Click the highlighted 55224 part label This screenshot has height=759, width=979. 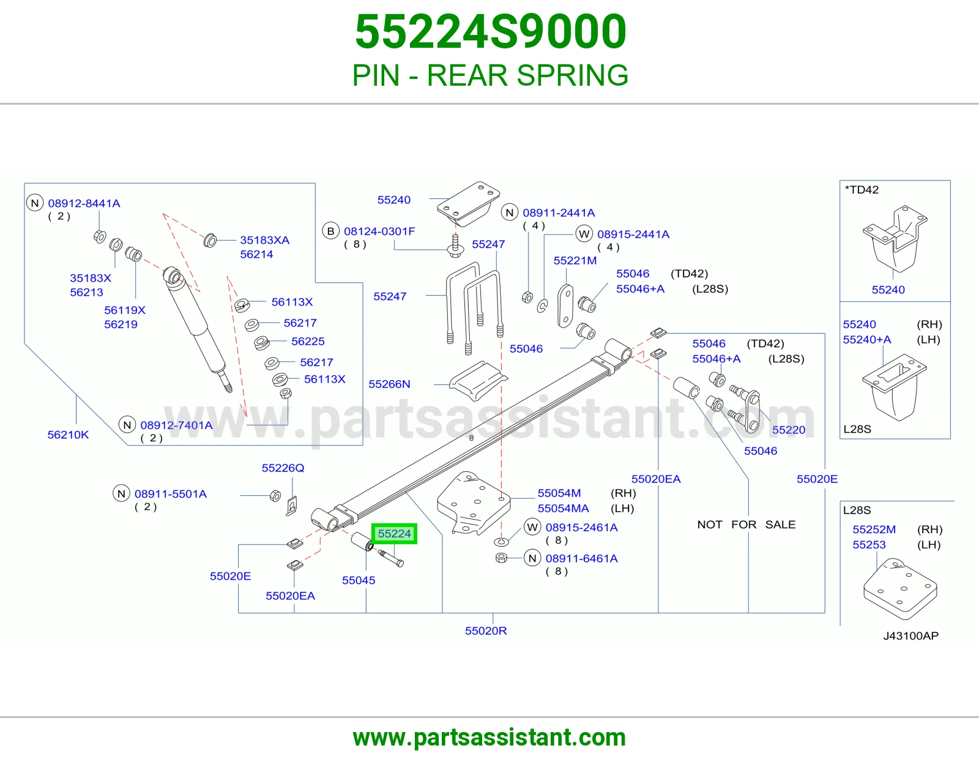pos(394,534)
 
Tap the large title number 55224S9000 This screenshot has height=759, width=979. pos(490,31)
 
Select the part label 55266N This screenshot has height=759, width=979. pos(389,384)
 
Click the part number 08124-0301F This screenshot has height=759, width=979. pos(379,231)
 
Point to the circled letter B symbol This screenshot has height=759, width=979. pos(330,231)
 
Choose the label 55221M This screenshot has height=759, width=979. pos(575,261)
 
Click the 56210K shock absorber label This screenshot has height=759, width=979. pos(68,435)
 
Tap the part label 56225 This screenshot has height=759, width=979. pos(308,341)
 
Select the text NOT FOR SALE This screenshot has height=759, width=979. pos(746,525)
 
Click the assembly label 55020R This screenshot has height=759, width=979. pos(486,630)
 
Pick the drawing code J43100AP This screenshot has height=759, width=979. pos(910,635)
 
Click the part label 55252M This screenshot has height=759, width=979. pos(874,529)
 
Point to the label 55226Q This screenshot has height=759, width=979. pos(283,468)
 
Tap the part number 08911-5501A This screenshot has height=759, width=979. pos(170,494)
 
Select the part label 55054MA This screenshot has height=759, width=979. pos(563,509)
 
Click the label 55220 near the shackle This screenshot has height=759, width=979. pos(789,430)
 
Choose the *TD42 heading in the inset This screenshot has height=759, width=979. pos(862,190)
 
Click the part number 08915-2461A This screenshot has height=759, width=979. pos(581,528)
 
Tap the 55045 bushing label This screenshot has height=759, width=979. pos(358,580)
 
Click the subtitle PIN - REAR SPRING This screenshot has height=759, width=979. pos(490,75)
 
